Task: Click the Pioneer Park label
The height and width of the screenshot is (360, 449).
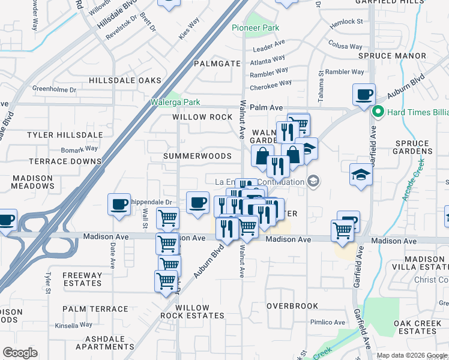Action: point(256,28)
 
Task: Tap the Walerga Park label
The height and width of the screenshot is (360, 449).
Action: point(175,103)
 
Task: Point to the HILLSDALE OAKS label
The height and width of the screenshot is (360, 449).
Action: point(125,80)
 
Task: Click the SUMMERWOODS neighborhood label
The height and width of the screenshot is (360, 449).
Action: point(197,156)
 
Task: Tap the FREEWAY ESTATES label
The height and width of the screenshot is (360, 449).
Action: point(82,279)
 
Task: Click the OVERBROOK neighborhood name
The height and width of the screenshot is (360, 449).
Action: point(292,306)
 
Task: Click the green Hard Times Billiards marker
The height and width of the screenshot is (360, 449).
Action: point(378,111)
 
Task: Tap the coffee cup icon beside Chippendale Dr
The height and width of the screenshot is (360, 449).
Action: point(119,204)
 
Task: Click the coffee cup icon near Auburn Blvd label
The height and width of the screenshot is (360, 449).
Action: point(364,94)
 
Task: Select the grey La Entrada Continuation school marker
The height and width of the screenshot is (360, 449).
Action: point(313,181)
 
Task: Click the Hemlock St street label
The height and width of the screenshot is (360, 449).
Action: point(350,22)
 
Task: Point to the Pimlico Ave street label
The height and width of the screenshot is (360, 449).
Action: point(327,322)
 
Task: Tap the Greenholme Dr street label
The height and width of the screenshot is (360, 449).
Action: point(55,89)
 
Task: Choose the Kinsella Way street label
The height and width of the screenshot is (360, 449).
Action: point(73,325)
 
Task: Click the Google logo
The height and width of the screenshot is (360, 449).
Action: point(20,353)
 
